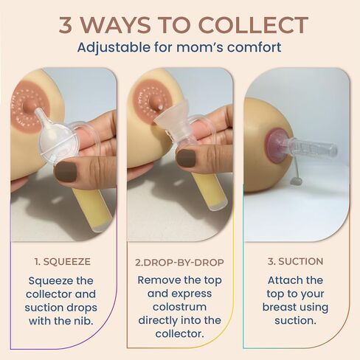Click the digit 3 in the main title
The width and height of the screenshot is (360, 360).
coord(66,25)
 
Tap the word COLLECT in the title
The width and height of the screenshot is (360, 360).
coord(253,25)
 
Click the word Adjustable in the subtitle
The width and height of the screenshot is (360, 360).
coord(114,48)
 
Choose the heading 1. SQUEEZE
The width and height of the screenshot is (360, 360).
coord(63,262)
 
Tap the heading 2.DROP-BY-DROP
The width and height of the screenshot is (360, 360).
coord(179,263)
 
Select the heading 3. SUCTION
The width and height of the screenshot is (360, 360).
coord(295,261)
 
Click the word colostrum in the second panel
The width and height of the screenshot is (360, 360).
coord(179,308)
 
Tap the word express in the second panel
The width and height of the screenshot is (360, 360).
coord(192,294)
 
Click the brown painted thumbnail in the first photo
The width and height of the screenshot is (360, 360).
coord(66,172)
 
